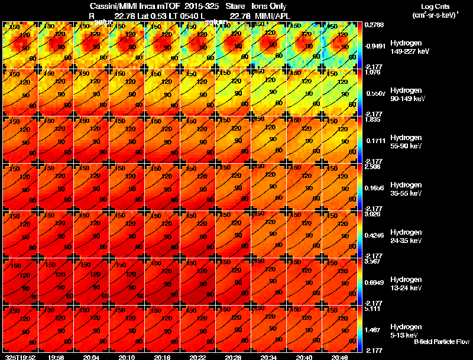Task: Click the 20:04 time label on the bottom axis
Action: point(92,357)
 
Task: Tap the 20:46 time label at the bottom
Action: point(339,357)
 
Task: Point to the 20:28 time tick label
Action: point(233,357)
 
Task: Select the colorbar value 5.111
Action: point(372,309)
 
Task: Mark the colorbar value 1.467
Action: point(372,329)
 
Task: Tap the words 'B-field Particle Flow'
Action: point(441,342)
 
